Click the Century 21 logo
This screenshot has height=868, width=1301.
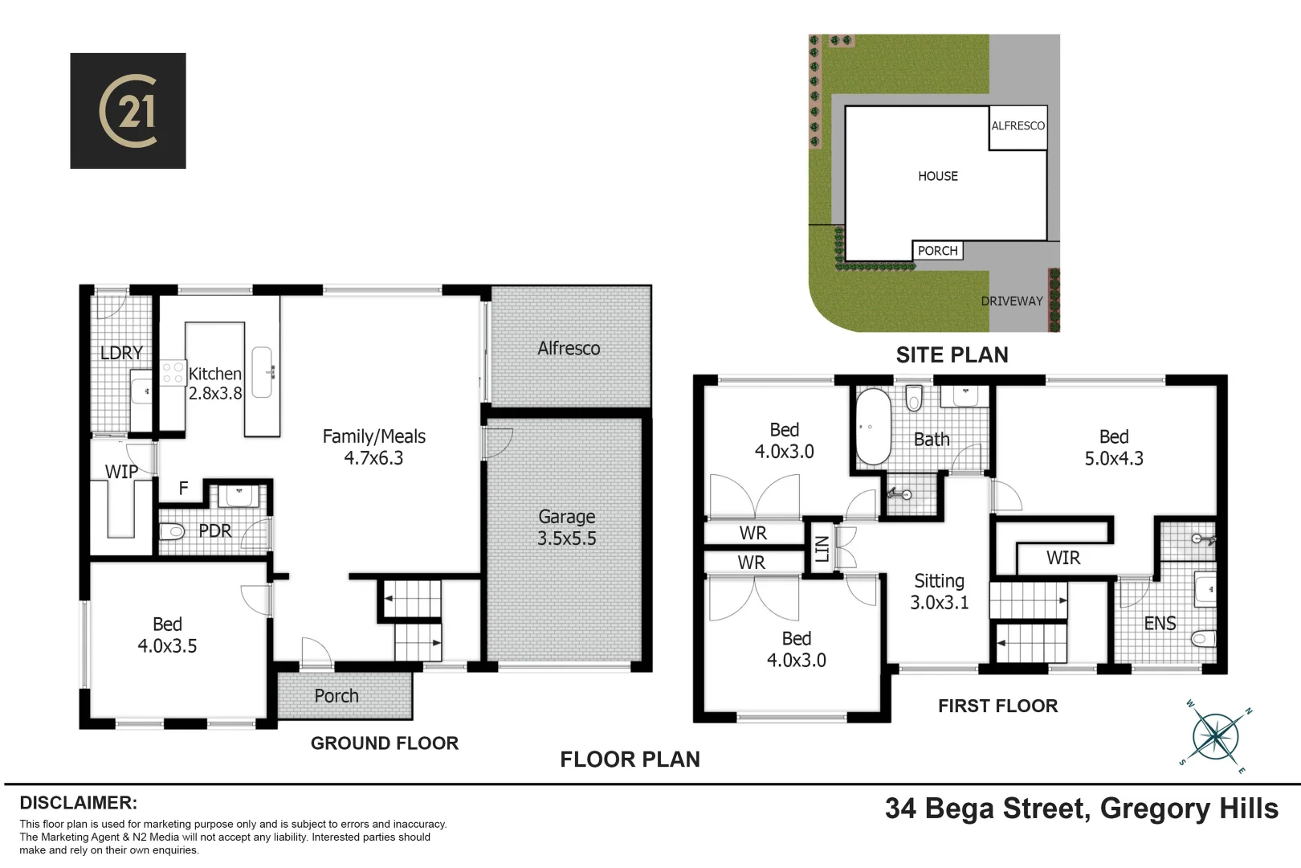[x=128, y=111]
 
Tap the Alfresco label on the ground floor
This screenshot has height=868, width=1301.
[x=569, y=349]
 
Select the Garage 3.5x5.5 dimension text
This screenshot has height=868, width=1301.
[x=566, y=538]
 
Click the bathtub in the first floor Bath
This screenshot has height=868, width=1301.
[x=873, y=427]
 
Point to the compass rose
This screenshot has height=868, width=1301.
[x=1216, y=736]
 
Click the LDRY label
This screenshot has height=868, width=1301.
[x=121, y=353]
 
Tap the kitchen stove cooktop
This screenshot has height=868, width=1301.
[x=173, y=372]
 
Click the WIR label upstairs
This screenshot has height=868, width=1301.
[x=1062, y=558]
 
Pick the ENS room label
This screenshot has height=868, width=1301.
[x=1160, y=623]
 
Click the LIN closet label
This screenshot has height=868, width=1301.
[x=821, y=549]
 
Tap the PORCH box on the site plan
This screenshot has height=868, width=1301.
[x=937, y=251]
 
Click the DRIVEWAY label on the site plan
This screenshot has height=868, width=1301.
[x=1011, y=301]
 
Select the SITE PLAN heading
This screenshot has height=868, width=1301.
[x=952, y=355]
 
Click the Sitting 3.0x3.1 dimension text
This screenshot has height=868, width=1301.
[x=939, y=603]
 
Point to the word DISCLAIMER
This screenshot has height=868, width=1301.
[x=78, y=803]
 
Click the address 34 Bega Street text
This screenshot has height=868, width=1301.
[x=986, y=809]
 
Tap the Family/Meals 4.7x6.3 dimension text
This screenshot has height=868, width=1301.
[x=373, y=458]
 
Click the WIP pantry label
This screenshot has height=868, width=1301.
[x=121, y=472]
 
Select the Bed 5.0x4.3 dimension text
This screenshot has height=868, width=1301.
[x=1113, y=458]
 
